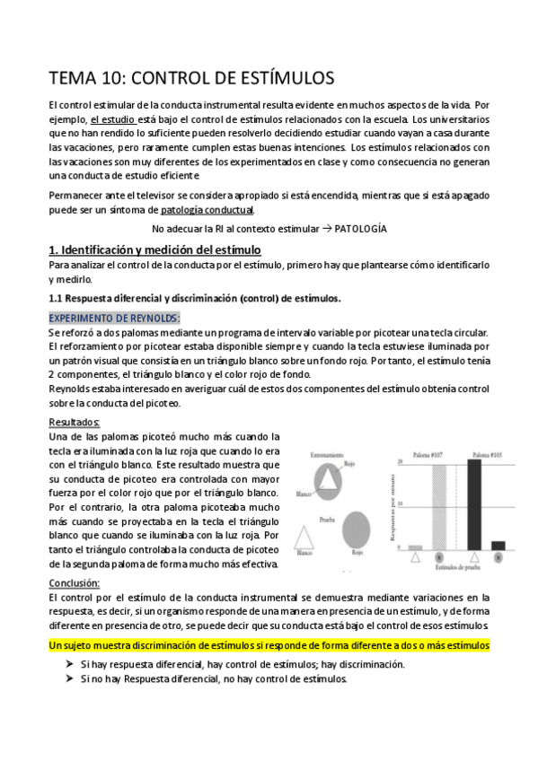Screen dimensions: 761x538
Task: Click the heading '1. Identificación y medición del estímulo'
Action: pyautogui.click(x=154, y=249)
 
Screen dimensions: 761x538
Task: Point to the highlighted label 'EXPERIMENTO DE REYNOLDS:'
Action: pyautogui.click(x=114, y=318)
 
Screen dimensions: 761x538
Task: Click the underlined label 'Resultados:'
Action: pyautogui.click(x=75, y=422)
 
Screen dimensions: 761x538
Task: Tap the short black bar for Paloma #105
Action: pyautogui.click(x=498, y=544)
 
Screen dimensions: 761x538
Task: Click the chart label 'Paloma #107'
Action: pyautogui.click(x=428, y=454)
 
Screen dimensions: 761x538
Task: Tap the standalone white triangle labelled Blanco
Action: pyautogui.click(x=304, y=538)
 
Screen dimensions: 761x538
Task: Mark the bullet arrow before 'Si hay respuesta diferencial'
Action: pyautogui.click(x=68, y=664)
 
